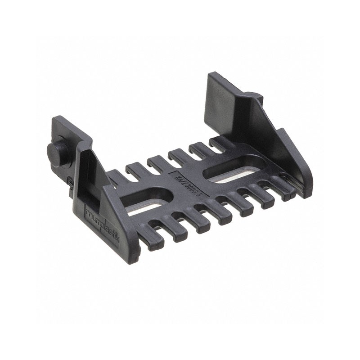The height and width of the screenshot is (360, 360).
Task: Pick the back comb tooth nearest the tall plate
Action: (x=216, y=143)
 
